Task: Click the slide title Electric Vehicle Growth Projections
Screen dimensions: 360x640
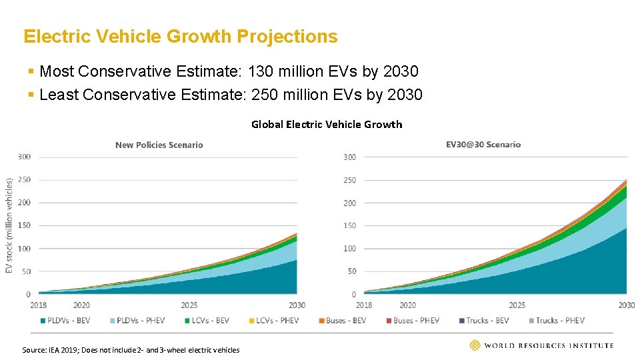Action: (x=180, y=36)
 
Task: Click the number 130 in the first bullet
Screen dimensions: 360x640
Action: (x=261, y=71)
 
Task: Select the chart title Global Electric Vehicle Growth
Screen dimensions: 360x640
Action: (x=327, y=124)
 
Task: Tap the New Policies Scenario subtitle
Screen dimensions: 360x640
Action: (x=159, y=145)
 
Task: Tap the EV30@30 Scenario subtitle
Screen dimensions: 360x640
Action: (x=483, y=145)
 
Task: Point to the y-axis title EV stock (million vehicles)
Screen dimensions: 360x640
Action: (x=9, y=225)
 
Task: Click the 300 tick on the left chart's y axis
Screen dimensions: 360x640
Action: (x=23, y=157)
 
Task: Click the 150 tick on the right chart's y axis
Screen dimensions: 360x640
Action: (x=349, y=225)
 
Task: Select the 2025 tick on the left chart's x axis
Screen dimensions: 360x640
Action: (x=189, y=305)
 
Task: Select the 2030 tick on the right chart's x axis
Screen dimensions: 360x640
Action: (x=626, y=305)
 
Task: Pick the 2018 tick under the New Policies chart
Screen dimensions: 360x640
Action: (x=39, y=305)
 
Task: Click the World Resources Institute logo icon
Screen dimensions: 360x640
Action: (x=475, y=345)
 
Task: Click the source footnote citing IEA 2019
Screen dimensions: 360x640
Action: (x=131, y=349)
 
